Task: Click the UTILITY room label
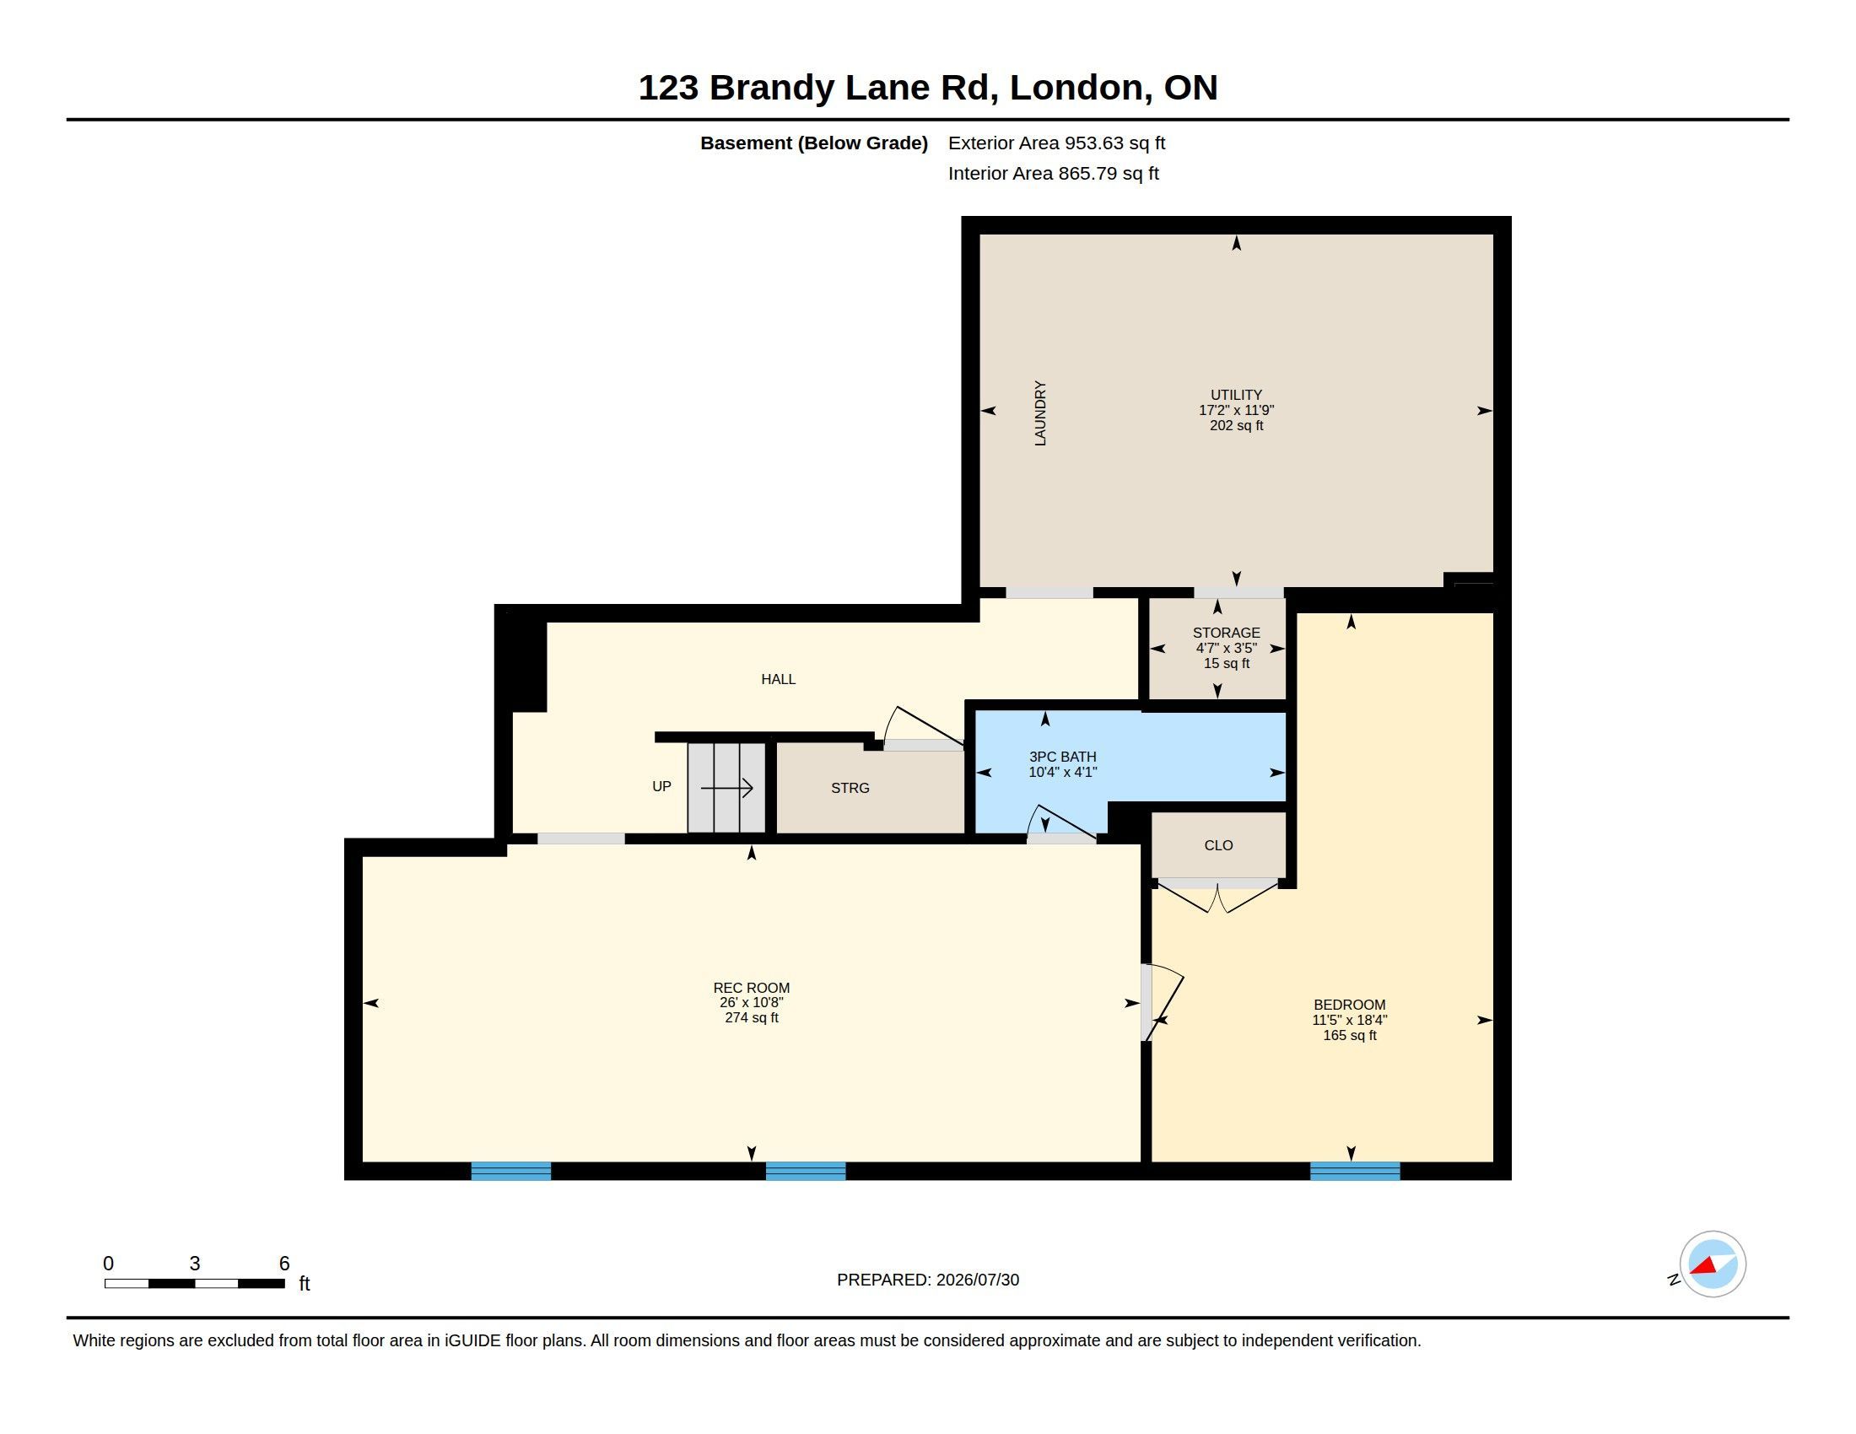click(x=1236, y=395)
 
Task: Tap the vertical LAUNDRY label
click(x=1039, y=412)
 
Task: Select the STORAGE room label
click(x=1226, y=633)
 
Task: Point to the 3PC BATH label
click(x=1062, y=757)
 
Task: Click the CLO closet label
click(x=1217, y=845)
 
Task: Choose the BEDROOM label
click(x=1349, y=1005)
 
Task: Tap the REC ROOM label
click(x=751, y=988)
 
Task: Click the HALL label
click(x=778, y=679)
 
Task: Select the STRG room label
click(x=850, y=789)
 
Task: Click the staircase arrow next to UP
click(x=726, y=788)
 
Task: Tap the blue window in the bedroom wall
click(x=1355, y=1171)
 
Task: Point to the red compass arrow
click(x=1704, y=1265)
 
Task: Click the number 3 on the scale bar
click(x=195, y=1264)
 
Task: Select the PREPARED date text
click(x=927, y=1280)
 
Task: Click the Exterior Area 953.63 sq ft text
click(x=1056, y=143)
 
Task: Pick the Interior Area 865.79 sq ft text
click(x=1053, y=173)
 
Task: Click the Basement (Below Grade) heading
click(x=813, y=143)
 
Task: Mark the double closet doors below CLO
click(x=1217, y=896)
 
